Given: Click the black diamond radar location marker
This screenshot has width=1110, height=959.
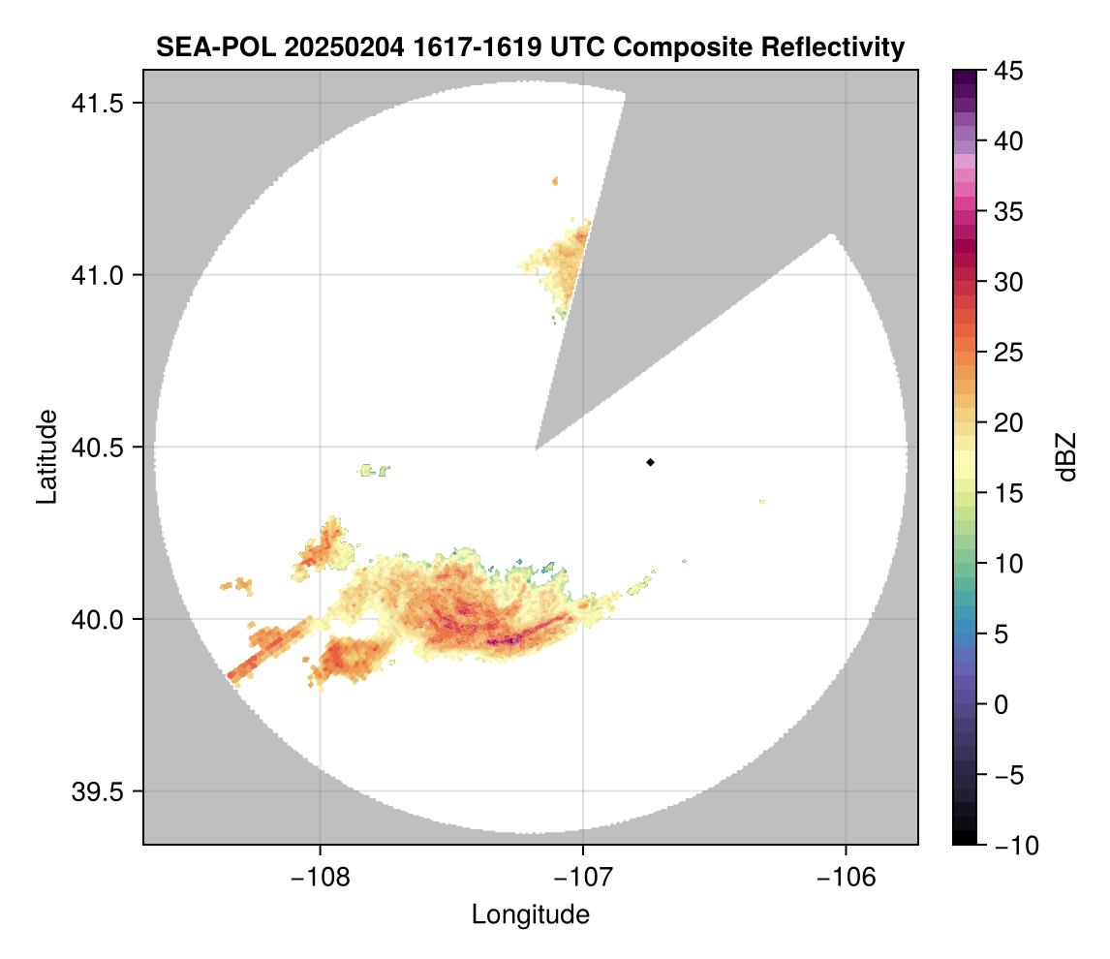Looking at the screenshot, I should pos(651,462).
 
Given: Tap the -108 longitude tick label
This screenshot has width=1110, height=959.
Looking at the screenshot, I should pos(320,877).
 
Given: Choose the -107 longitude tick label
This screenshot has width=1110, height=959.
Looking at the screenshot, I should pos(583,877).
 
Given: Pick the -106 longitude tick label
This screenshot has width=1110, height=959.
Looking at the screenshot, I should pos(847,877).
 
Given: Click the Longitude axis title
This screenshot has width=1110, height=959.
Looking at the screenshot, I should pos(531,914).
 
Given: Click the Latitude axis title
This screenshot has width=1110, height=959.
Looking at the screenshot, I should pos(46,456).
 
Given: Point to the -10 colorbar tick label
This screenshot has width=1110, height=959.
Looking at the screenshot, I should pos(1011,846).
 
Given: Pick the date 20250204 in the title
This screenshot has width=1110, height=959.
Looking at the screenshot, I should pos(333,46).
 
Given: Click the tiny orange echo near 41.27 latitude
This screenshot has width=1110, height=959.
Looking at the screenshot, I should pos(555,180).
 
